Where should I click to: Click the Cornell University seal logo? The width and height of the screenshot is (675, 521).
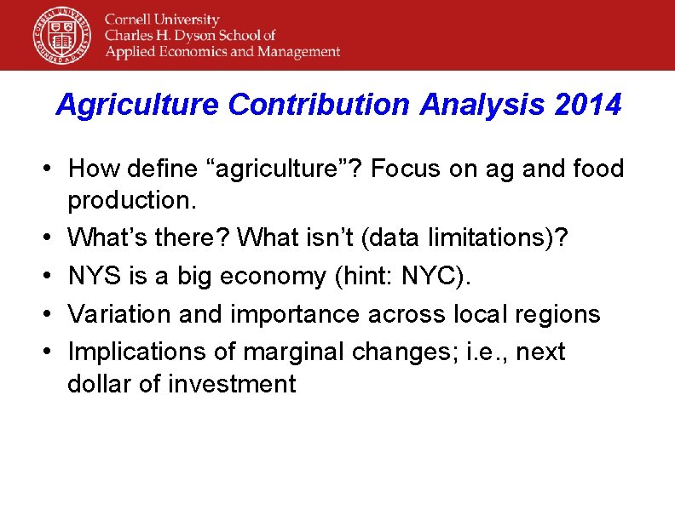pyautogui.click(x=61, y=35)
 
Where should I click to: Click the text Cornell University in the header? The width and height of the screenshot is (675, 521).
pyautogui.click(x=162, y=20)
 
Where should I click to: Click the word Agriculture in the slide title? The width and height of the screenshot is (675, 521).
pyautogui.click(x=138, y=106)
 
